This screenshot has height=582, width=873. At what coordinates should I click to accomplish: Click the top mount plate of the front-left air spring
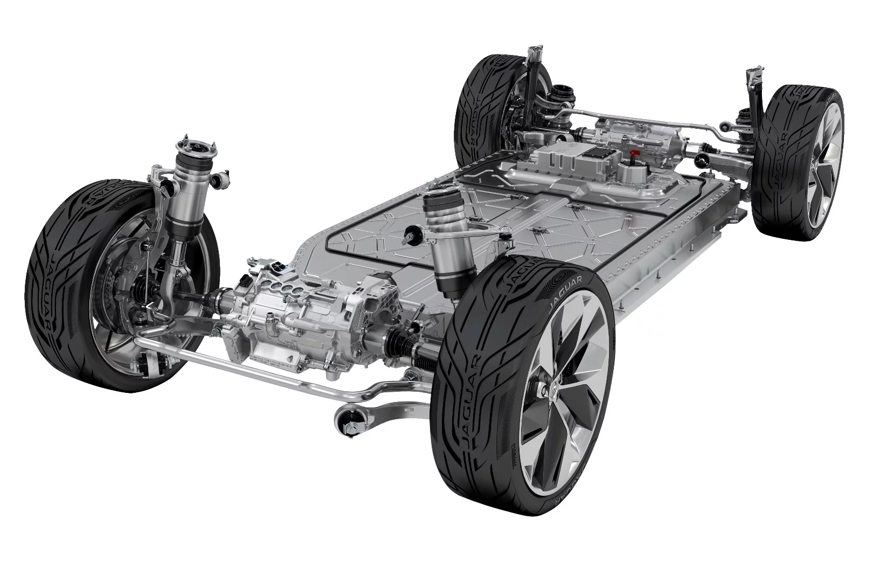pyautogui.click(x=195, y=147)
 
